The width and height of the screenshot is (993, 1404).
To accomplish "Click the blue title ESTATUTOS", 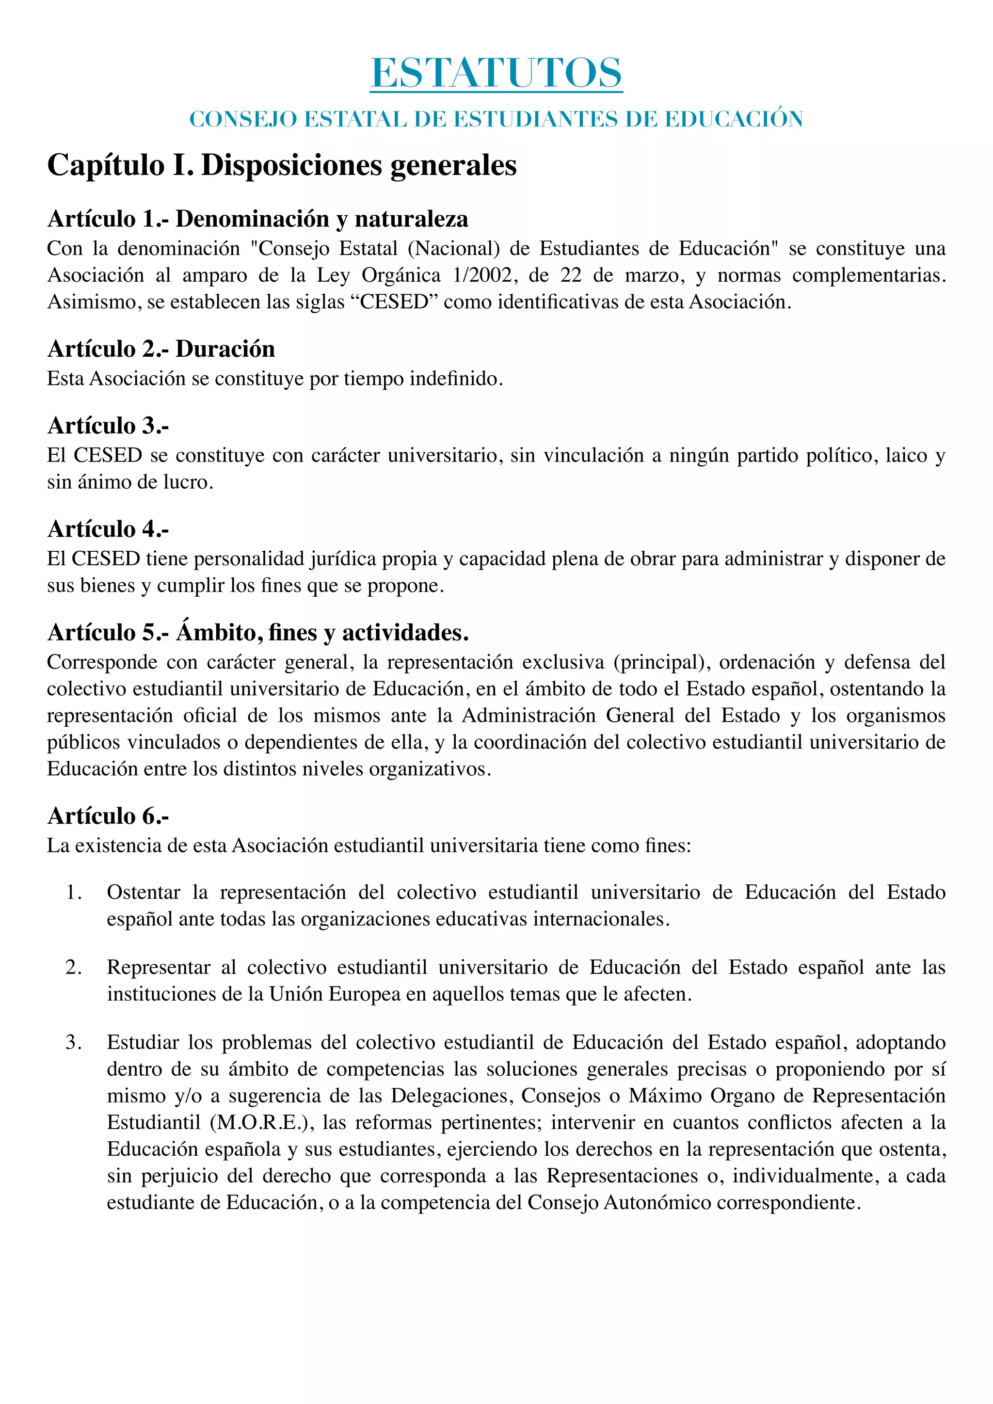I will coord(496,73).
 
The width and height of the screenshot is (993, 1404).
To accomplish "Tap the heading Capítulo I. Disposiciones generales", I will coord(282,165).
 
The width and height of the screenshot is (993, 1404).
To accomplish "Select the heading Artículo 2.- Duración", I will coord(161,349).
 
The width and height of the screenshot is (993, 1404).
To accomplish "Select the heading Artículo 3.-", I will coord(108,426).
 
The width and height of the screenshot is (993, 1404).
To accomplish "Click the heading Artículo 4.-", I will coord(108,529).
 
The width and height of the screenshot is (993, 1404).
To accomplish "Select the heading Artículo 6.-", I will coord(108,816).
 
